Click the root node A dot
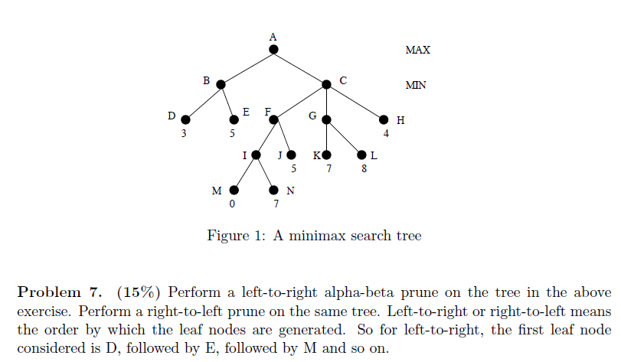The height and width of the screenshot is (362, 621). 273,50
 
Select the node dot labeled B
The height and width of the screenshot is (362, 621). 221,84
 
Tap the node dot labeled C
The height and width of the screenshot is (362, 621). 327,84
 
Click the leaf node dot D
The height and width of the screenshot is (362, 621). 185,119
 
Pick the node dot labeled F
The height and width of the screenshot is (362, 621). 274,119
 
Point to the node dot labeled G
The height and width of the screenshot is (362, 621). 327,119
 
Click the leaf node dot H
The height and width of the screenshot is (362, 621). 384,119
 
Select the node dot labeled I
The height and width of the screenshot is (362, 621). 257,155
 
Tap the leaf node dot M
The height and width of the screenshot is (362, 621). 234,190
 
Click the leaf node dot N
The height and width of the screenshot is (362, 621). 274,190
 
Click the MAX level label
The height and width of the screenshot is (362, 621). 417,51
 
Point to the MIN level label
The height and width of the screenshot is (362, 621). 416,86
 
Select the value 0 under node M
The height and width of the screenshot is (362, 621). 231,204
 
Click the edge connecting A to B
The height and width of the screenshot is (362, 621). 247,67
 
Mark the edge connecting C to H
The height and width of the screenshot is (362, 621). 355,102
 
